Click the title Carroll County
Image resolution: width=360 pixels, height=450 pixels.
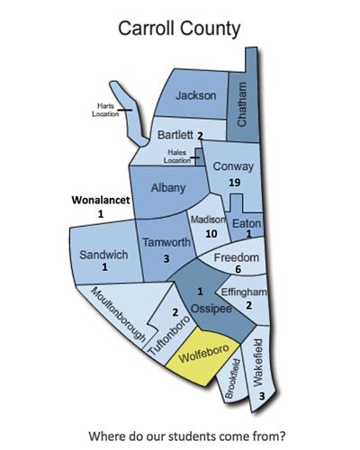[180, 29]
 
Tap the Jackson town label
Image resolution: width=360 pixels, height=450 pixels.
[197, 96]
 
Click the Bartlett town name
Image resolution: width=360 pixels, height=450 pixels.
[175, 135]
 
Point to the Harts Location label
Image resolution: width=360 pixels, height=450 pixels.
[107, 111]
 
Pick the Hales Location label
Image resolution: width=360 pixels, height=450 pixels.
[177, 157]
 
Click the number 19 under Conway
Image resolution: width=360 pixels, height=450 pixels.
[234, 183]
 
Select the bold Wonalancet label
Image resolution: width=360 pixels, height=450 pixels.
[101, 200]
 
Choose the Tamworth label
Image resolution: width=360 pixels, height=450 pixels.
[166, 244]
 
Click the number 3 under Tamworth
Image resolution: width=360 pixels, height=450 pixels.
[166, 259]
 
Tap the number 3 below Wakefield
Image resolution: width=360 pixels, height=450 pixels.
[261, 396]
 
